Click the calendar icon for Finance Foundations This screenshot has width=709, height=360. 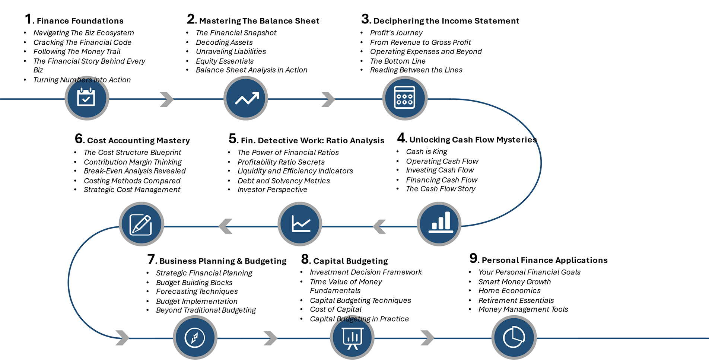(86, 98)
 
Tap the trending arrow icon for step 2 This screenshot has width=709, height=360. (246, 98)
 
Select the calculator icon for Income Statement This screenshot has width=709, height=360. (405, 98)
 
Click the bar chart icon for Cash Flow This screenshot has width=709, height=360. (439, 224)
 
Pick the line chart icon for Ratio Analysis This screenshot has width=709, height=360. (300, 224)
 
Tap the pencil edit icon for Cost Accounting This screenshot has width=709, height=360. (141, 224)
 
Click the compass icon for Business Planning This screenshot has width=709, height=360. (195, 338)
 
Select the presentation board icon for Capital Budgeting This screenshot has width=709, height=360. (352, 338)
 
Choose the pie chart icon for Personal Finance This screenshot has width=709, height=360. (514, 338)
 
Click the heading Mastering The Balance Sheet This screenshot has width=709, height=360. (259, 21)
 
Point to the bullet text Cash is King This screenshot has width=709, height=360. (426, 152)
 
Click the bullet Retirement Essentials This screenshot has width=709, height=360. (516, 300)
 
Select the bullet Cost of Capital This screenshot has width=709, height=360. (336, 309)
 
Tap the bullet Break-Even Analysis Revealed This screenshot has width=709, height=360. (134, 171)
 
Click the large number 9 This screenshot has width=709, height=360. (473, 258)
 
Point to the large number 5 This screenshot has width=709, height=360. (233, 138)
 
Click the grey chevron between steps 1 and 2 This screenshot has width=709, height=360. (167, 99)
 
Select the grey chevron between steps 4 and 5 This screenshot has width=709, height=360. (379, 226)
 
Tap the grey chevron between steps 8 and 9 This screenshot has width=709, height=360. (427, 338)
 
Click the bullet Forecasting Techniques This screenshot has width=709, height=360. (197, 291)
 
